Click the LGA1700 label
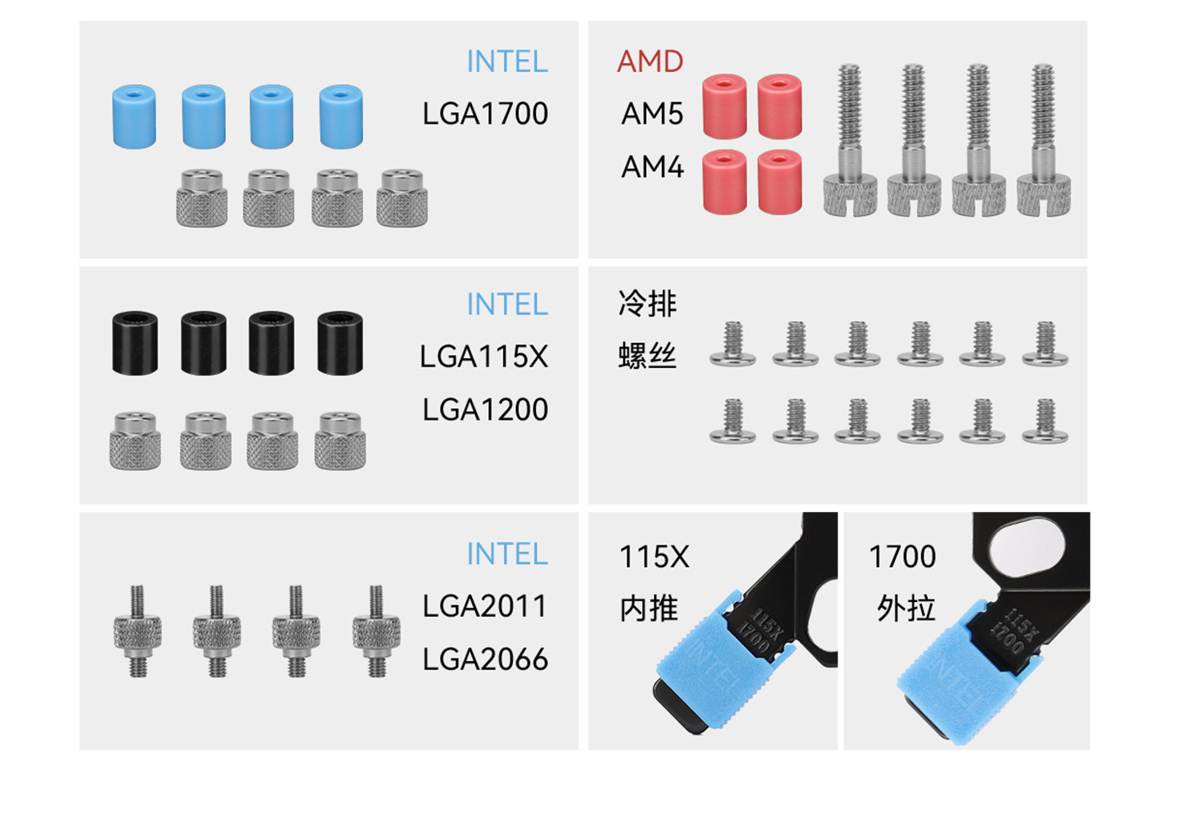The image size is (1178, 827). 485,114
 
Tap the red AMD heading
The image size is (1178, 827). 650,61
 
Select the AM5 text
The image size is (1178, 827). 652,114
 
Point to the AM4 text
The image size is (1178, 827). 652,167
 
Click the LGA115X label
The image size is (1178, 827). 483,357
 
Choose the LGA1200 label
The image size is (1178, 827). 485,409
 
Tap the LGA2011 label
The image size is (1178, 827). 485,606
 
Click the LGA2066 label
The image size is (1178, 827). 485,658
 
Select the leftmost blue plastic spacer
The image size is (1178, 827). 134,116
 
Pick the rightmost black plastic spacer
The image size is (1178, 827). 340,343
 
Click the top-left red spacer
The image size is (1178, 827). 724,106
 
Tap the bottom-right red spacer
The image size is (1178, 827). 780,182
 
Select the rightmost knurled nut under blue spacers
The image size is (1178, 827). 402,198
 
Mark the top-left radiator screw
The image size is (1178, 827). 732,344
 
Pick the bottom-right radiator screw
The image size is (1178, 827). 1045,421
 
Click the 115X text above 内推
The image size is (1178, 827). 654,557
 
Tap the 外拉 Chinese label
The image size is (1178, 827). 906,609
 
